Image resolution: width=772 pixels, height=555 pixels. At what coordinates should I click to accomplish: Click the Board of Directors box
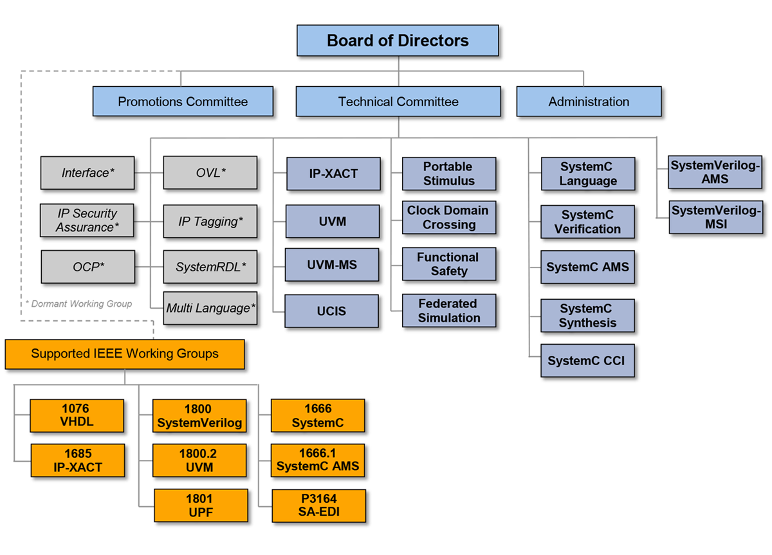tap(398, 41)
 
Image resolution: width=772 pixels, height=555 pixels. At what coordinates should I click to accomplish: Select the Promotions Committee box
tap(183, 102)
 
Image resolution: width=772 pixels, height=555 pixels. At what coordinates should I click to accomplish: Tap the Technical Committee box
tap(398, 102)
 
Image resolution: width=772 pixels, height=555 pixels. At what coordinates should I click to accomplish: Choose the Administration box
tap(589, 102)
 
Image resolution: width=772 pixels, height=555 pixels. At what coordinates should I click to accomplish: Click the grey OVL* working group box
tap(210, 173)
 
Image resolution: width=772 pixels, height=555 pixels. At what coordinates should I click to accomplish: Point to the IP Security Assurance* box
tap(87, 221)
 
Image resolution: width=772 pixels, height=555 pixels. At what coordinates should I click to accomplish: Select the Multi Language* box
tap(210, 308)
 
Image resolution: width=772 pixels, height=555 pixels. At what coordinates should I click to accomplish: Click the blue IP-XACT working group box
tap(333, 174)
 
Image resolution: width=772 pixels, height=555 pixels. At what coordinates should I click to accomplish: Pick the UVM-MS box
tap(333, 264)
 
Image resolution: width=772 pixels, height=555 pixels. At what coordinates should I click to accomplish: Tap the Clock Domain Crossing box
tap(449, 217)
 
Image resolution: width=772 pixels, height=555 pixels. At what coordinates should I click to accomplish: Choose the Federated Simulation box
tap(449, 311)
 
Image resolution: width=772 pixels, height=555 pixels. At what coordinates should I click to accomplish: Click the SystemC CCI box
tap(587, 361)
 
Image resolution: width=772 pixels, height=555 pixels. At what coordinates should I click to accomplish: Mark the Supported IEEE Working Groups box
tap(125, 354)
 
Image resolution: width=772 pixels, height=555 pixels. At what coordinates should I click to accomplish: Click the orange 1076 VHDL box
tap(77, 415)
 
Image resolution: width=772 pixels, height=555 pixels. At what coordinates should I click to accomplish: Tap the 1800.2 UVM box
tap(200, 460)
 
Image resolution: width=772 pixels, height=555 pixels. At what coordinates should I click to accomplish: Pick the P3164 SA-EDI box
tap(318, 505)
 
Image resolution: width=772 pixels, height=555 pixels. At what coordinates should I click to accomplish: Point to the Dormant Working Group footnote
tap(78, 304)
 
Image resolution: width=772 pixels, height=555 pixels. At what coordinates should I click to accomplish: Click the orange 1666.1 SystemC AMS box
tap(318, 460)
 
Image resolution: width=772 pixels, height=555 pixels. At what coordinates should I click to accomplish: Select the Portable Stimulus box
tap(449, 174)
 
